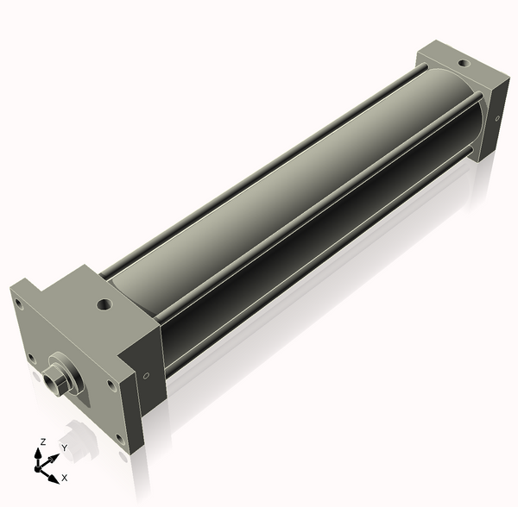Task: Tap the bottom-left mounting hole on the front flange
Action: (x=32, y=357)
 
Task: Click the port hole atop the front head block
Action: (x=105, y=304)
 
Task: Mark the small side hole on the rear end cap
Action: (x=498, y=119)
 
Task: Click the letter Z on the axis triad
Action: (x=42, y=441)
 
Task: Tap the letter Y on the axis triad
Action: (x=64, y=448)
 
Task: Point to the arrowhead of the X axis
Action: (x=54, y=476)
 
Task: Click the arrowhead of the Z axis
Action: (x=40, y=452)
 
